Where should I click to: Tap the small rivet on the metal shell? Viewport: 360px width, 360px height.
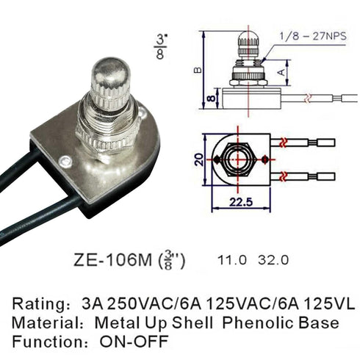coord(66,160)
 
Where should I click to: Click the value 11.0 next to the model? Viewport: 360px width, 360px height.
coord(231,259)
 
